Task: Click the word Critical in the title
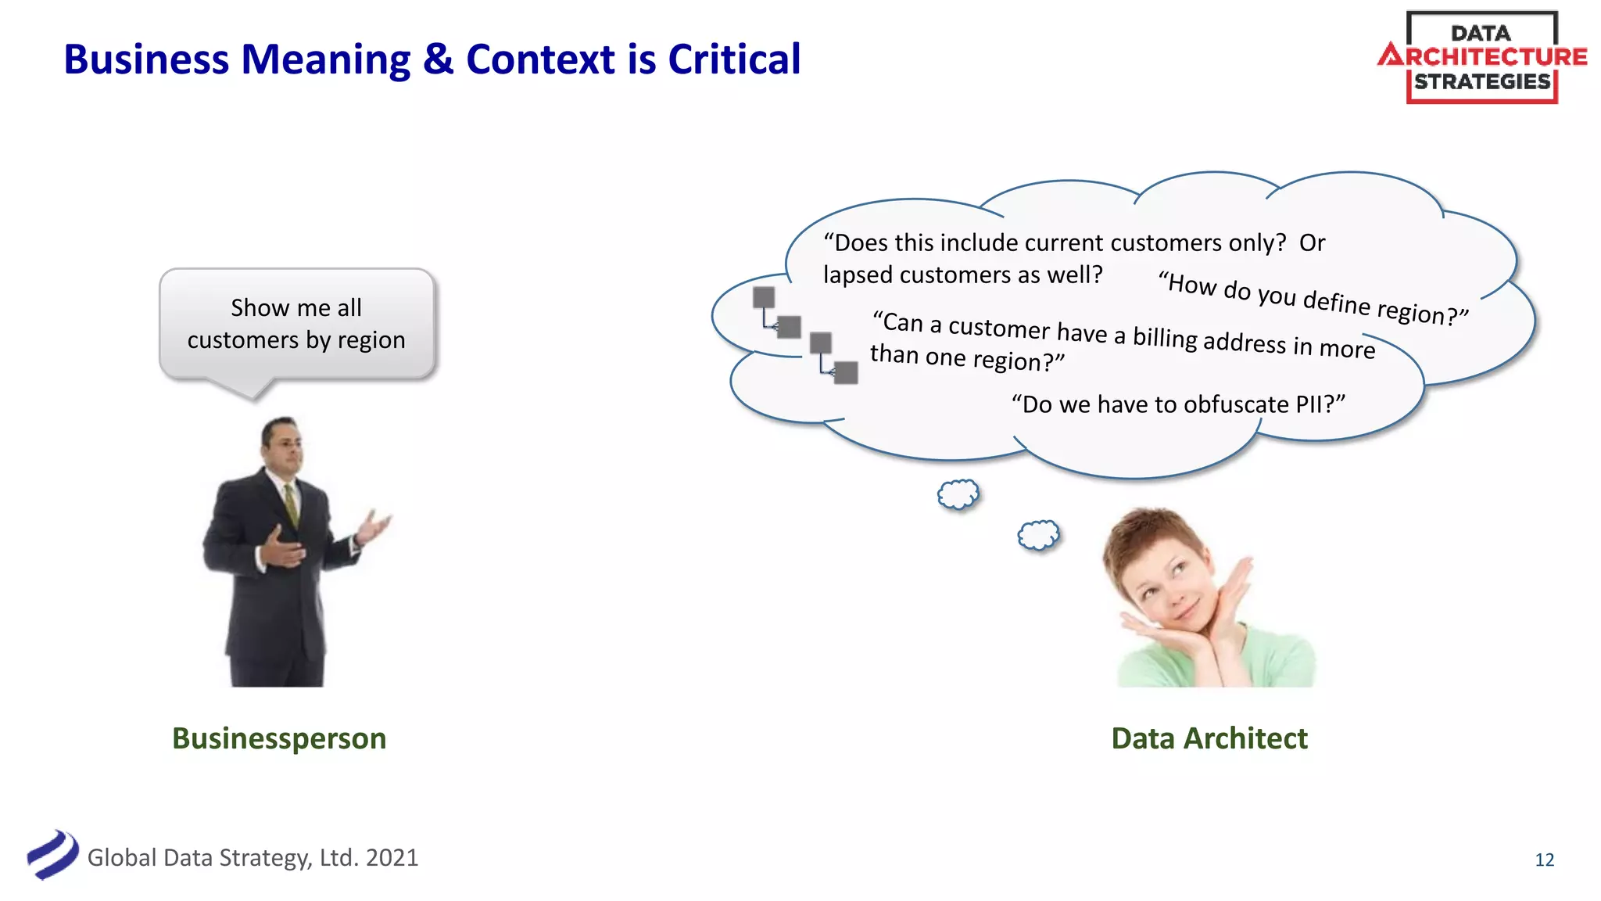(x=734, y=59)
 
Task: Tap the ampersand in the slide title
(x=438, y=59)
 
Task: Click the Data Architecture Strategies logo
(x=1482, y=57)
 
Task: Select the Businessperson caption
(x=279, y=738)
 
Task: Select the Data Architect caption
(x=1209, y=738)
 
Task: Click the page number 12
(x=1544, y=860)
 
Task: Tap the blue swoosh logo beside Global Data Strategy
(x=52, y=854)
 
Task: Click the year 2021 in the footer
(x=392, y=858)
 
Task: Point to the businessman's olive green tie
(x=291, y=504)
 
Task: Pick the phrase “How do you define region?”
(x=1313, y=298)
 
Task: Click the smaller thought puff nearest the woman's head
(x=1038, y=535)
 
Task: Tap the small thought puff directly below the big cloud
(x=958, y=494)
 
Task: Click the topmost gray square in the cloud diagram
(x=764, y=297)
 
